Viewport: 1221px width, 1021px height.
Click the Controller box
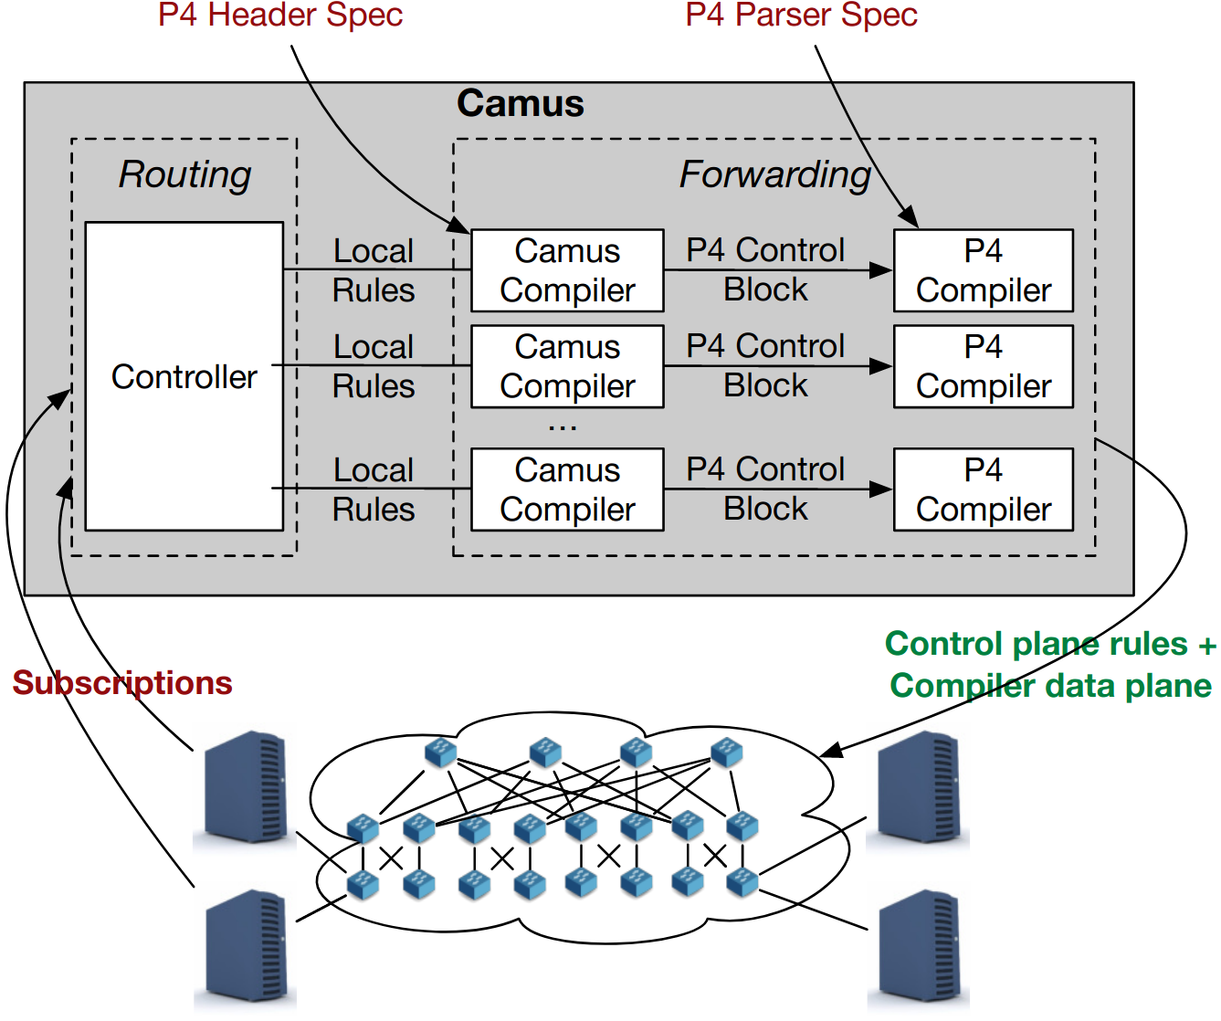[184, 376]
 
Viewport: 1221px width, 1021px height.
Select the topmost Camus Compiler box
[567, 270]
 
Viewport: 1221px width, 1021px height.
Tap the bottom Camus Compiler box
[567, 489]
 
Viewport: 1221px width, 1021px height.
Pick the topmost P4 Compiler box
[983, 270]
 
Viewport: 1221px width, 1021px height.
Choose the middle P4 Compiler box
[983, 366]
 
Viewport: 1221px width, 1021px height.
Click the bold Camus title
[520, 103]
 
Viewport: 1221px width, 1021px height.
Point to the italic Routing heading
[184, 174]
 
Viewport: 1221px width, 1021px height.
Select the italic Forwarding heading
[774, 174]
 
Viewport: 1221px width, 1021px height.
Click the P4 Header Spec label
[280, 15]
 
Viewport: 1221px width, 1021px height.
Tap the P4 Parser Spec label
[801, 15]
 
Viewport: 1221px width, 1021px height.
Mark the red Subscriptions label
[122, 682]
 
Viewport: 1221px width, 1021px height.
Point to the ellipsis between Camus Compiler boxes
[563, 426]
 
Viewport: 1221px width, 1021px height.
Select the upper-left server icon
[245, 787]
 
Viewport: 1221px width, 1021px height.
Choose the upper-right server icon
[919, 787]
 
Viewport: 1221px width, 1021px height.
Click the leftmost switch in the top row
[441, 753]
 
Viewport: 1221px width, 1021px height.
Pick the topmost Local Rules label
[374, 270]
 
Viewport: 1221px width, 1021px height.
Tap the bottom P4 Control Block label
[765, 489]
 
